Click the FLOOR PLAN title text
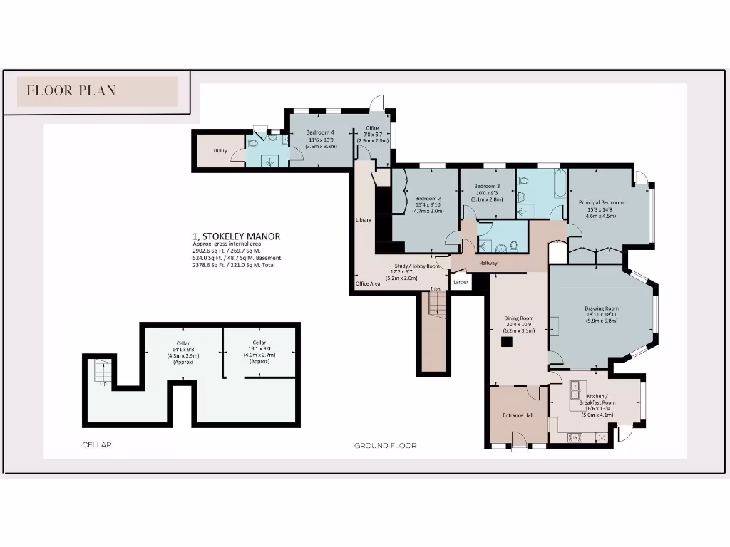(x=71, y=90)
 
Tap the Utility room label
(x=220, y=151)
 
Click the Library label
(x=364, y=220)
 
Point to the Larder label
(x=461, y=283)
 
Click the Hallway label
(x=488, y=264)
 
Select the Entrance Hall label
(x=518, y=415)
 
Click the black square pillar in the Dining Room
(x=507, y=342)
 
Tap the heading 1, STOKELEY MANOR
(x=236, y=236)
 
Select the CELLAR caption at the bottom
(x=97, y=445)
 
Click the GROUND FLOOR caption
(x=386, y=446)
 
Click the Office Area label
(x=368, y=284)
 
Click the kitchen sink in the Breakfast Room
(x=575, y=391)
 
